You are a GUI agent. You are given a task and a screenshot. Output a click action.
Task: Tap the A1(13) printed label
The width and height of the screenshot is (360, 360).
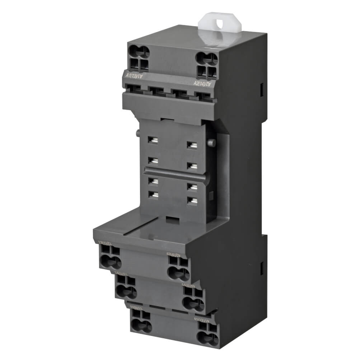(135, 75)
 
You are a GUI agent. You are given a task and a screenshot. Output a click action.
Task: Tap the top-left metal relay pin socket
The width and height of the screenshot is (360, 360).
(153, 141)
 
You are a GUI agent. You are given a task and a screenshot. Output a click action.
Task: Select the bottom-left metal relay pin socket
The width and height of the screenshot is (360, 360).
(155, 194)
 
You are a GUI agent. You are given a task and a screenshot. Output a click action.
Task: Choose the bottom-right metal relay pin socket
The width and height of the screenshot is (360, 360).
(193, 200)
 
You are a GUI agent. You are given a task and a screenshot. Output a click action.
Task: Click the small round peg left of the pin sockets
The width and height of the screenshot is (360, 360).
(138, 133)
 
